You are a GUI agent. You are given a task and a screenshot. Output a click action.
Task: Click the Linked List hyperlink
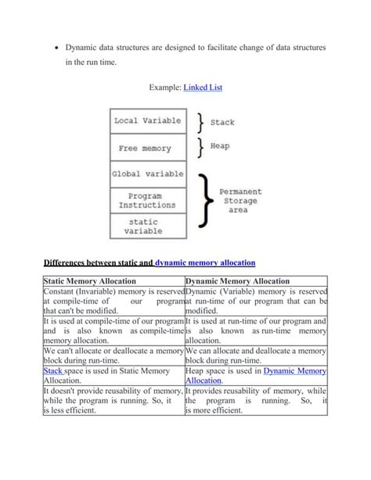coord(203,88)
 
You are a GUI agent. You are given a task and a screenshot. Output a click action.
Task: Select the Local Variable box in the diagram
coord(147,121)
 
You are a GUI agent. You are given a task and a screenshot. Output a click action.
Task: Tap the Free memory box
coord(147,147)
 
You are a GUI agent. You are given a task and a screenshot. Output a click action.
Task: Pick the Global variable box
coord(147,173)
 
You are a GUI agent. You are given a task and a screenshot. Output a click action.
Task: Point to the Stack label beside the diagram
coord(222,122)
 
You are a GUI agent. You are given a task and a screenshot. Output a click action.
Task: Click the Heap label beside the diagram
coord(220,146)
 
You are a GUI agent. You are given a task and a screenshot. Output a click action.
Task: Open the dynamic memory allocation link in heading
coord(206,264)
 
